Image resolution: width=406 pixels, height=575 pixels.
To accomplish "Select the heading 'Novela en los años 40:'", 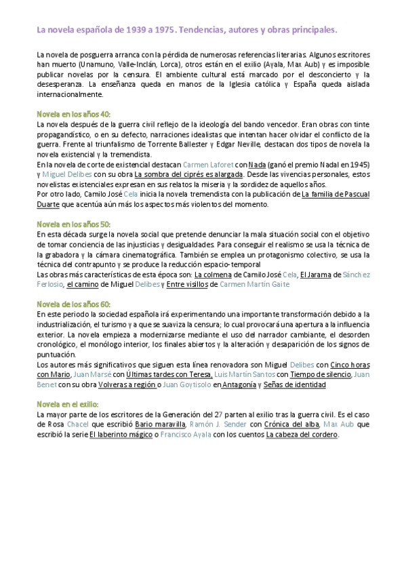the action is pyautogui.click(x=73, y=114).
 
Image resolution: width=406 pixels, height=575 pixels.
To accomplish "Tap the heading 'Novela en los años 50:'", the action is pyautogui.click(x=73, y=224).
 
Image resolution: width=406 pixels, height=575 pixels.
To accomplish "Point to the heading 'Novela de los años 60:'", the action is pyautogui.click(x=73, y=304).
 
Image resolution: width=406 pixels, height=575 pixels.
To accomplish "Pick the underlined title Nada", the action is pyautogui.click(x=257, y=164).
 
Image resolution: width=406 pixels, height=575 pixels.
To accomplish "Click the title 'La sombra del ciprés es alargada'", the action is pyautogui.click(x=189, y=174).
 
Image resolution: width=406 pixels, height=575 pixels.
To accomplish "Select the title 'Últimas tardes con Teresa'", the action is pyautogui.click(x=169, y=374).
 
